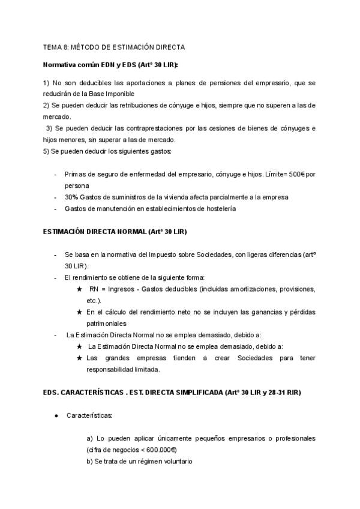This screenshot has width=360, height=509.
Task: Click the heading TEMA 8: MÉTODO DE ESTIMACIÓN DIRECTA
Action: (x=115, y=46)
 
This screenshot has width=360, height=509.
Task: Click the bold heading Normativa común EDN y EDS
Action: (x=110, y=64)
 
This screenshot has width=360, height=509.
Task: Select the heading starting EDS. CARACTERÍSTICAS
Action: (x=172, y=393)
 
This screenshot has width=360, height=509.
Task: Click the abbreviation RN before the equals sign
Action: (x=94, y=289)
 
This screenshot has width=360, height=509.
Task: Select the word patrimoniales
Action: (x=109, y=324)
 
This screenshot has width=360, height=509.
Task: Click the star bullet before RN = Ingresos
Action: (x=80, y=289)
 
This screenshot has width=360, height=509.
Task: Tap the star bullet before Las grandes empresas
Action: (x=80, y=358)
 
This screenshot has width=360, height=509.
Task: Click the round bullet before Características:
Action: (x=56, y=415)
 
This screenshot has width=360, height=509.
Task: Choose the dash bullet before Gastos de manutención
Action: (x=56, y=208)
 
